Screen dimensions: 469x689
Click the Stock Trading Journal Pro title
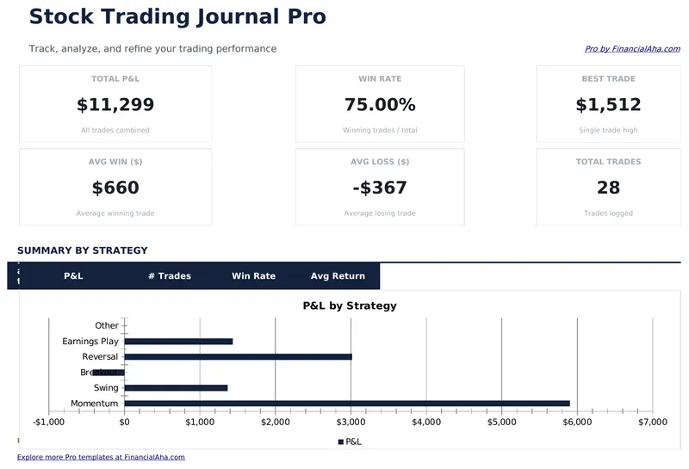coord(177,16)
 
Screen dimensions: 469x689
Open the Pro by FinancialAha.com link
coord(632,49)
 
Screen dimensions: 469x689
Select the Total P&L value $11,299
coord(115,105)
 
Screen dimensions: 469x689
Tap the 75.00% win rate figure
coord(380,105)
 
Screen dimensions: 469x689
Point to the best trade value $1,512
coord(608,105)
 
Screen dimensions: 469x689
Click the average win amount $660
coord(115,188)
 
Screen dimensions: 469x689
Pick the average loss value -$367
coord(380,188)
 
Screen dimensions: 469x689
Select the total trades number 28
coord(608,188)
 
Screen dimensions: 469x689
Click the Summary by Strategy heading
coord(83,250)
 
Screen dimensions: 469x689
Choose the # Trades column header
coord(169,276)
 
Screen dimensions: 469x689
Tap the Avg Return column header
coord(338,276)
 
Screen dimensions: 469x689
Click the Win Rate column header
coord(253,276)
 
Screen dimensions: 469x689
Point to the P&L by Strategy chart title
coord(350,305)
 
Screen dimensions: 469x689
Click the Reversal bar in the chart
coord(238,356)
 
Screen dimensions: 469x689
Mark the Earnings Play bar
coord(178,342)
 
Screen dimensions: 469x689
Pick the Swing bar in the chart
coord(176,388)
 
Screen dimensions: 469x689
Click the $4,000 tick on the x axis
coord(425,423)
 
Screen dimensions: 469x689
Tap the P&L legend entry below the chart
coord(350,441)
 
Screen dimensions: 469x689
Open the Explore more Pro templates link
coord(101,457)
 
